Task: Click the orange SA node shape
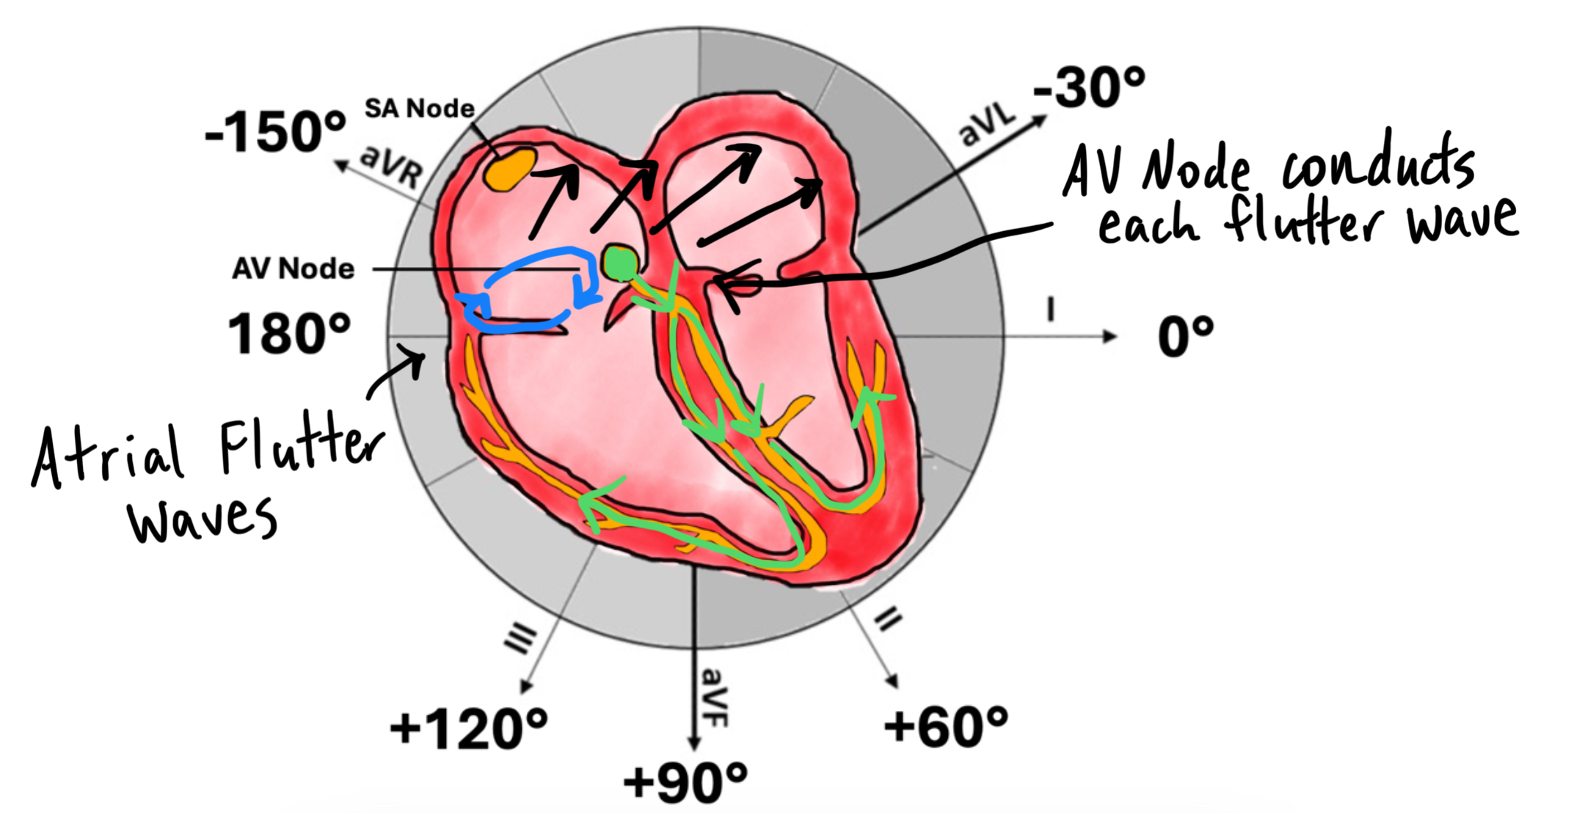tap(511, 169)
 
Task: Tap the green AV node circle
tap(620, 263)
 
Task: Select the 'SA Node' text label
tap(420, 109)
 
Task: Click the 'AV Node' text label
tap(293, 269)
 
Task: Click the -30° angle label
tap(1089, 87)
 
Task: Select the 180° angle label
tap(289, 334)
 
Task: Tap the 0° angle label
tap(1186, 338)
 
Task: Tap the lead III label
tap(520, 638)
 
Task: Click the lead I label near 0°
tap(1051, 309)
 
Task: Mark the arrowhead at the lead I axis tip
tap(1110, 337)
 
